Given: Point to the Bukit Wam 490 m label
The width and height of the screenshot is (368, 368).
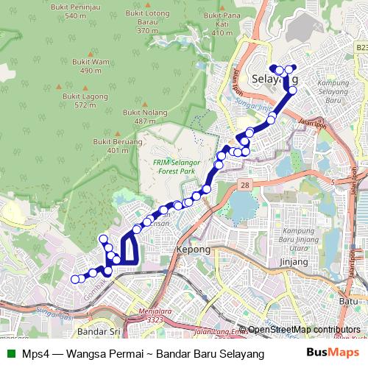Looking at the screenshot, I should click(91, 66).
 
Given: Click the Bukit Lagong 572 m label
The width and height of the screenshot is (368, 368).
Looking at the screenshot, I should click(80, 101).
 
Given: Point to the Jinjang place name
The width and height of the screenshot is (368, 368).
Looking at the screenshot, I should click(294, 261).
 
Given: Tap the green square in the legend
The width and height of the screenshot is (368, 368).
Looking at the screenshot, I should click(9, 353).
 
